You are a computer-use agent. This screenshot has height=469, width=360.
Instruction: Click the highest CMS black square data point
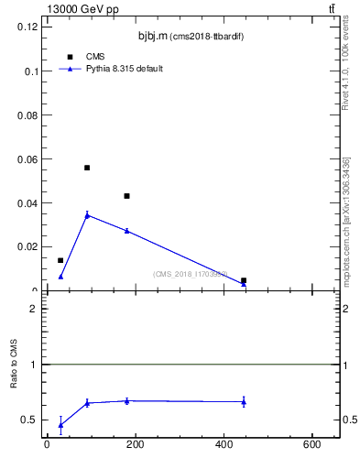[x=87, y=168]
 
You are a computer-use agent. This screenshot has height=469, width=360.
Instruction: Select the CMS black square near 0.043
[x=126, y=196]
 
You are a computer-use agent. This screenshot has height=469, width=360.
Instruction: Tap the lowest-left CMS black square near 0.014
[x=60, y=260]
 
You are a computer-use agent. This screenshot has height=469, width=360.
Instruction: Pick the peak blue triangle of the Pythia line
[x=87, y=215]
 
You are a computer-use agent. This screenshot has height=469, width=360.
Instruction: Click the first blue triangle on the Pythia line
[x=60, y=277]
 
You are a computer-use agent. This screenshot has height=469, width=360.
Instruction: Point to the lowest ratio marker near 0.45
[x=60, y=425]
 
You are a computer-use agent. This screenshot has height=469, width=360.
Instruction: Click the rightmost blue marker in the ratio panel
[x=244, y=401]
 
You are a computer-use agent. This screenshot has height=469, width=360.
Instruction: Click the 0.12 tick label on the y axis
[x=27, y=27]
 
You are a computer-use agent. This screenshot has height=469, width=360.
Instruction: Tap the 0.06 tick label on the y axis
[x=27, y=159]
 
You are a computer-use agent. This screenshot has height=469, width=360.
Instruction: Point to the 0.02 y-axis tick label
[x=27, y=247]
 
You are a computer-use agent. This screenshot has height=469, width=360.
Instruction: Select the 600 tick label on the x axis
[x=313, y=445]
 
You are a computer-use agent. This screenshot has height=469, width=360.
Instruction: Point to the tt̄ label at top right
[x=333, y=9]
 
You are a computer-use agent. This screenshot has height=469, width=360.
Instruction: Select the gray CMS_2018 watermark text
[x=190, y=274]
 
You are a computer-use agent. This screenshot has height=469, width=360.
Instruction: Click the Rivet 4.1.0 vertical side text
[x=345, y=68]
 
